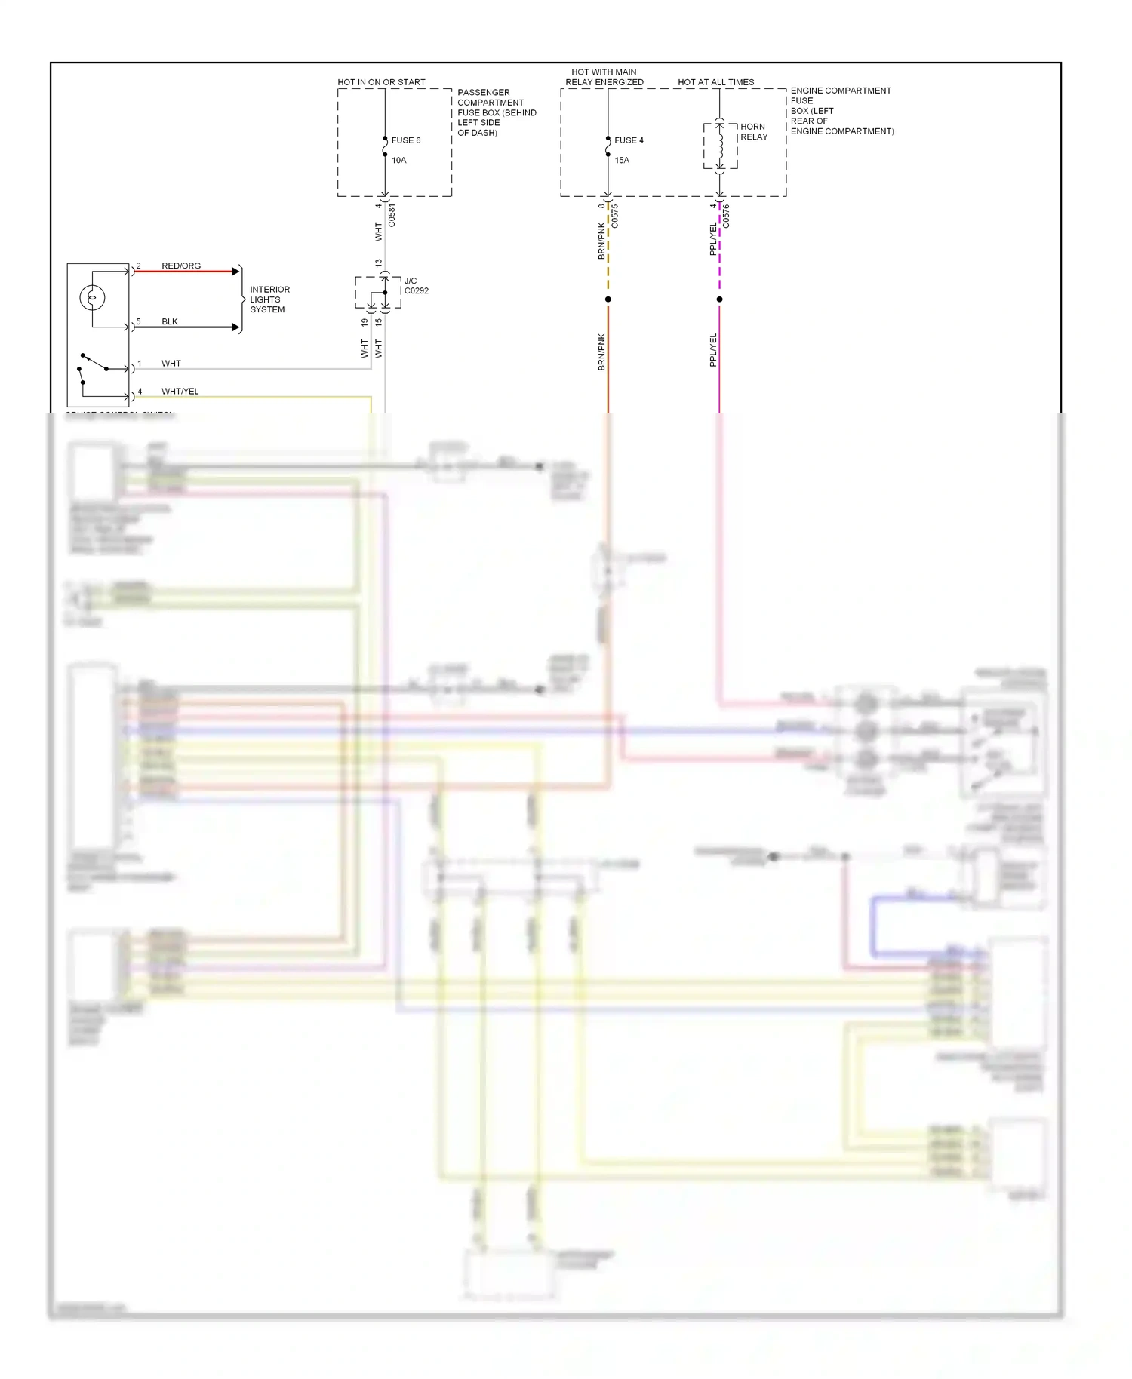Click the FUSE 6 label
(405, 140)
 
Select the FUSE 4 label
(629, 140)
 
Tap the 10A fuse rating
(398, 160)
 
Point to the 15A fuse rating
(622, 160)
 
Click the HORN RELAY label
(753, 132)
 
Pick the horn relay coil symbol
(720, 146)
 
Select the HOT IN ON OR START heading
(381, 82)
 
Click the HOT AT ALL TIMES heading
(715, 82)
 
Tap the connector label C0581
(392, 215)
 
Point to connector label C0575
(615, 216)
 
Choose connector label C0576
(726, 216)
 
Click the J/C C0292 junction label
(416, 286)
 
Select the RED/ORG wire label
(181, 266)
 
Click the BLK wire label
(170, 321)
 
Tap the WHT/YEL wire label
(180, 391)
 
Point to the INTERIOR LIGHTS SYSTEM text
(269, 299)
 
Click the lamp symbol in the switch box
(92, 297)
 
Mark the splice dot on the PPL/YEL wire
(719, 299)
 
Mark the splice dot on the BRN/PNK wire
(608, 299)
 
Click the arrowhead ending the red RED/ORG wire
(235, 272)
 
